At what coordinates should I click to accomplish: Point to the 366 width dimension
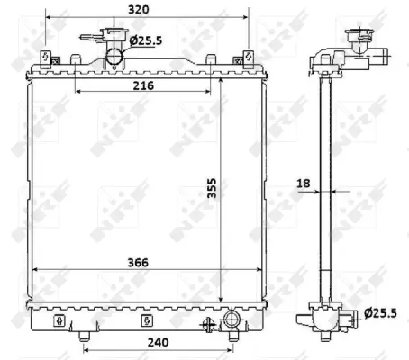138,262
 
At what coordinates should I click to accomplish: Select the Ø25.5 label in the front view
144,40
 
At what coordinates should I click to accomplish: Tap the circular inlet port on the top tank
114,58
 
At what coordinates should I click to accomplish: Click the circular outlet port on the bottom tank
232,319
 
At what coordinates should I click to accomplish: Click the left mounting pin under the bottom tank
85,337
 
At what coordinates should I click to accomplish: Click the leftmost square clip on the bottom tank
59,319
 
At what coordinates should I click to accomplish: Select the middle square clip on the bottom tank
143,319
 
